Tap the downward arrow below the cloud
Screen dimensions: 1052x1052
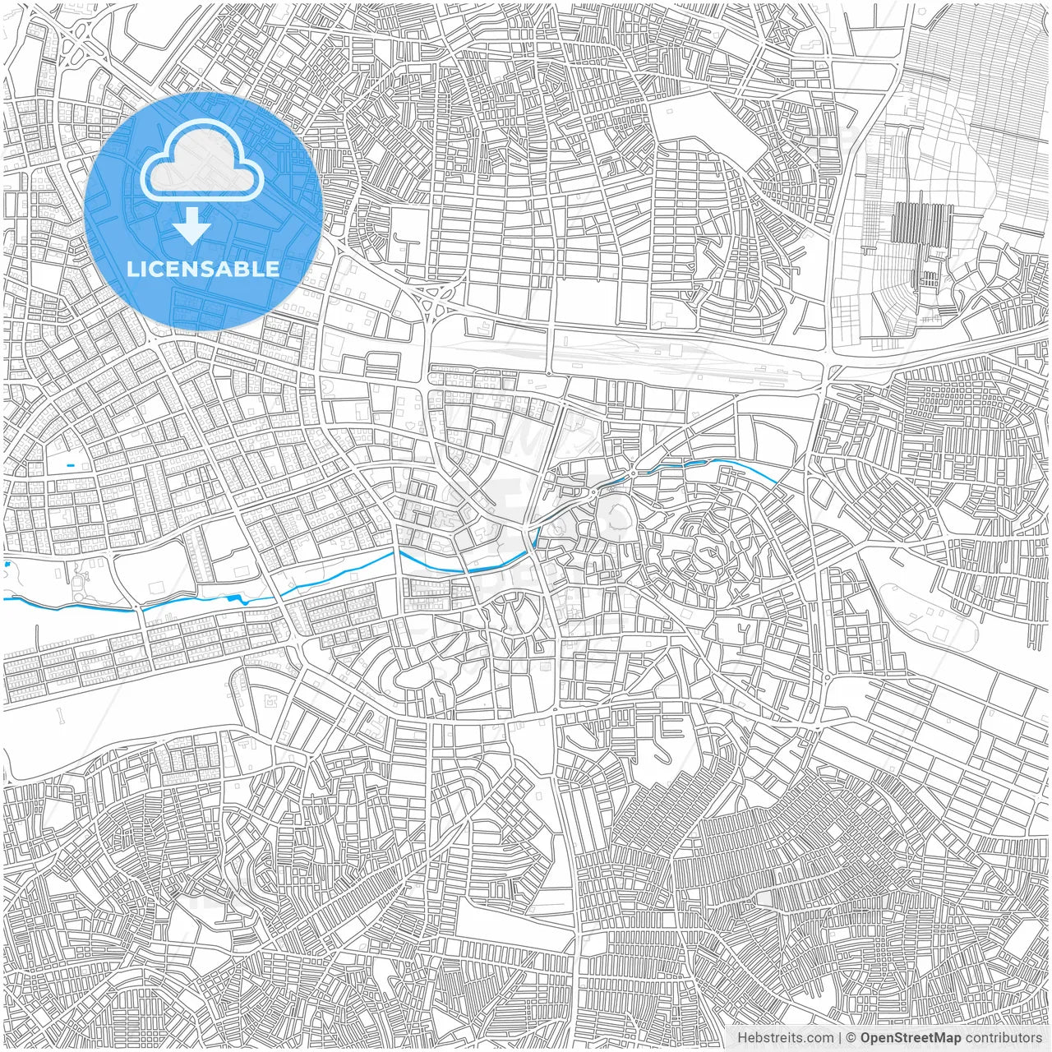[x=192, y=225]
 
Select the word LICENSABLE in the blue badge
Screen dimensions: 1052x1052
[x=203, y=269]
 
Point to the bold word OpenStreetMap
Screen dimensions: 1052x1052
[x=910, y=1038]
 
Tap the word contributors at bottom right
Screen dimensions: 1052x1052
[x=1004, y=1038]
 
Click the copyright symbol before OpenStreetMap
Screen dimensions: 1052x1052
[x=851, y=1038]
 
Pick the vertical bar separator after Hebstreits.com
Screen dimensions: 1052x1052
[x=839, y=1038]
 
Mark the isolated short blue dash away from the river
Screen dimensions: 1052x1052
[x=70, y=466]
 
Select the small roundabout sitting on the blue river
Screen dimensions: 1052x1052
[x=634, y=473]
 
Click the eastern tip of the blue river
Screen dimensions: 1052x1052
[x=776, y=481]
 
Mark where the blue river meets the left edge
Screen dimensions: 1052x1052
[x=5, y=599]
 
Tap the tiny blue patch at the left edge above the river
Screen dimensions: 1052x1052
[x=6, y=565]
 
